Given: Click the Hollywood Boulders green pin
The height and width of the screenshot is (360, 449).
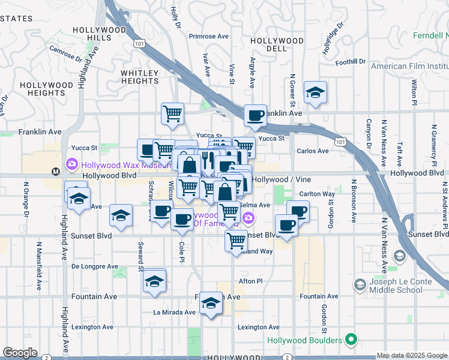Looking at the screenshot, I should point(352,340).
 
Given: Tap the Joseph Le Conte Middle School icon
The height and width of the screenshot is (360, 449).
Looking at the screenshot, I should point(360,284).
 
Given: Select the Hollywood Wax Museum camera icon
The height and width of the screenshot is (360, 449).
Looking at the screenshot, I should point(71,164).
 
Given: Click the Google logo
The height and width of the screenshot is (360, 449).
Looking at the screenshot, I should point(19,353).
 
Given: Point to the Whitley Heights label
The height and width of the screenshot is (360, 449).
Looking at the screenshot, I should point(140,77).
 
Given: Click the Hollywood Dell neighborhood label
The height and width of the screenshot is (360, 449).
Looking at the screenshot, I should point(277,45).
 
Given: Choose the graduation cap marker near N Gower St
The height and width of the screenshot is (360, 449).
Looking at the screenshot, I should point(315,92).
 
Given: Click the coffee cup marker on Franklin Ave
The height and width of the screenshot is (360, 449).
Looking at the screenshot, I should point(255,115).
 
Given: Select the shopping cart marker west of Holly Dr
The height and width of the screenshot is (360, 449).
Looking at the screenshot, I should point(172,112).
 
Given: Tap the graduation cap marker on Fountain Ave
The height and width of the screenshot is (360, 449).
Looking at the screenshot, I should point(210,303).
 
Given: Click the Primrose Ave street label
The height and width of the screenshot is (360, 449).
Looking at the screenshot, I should point(209,36).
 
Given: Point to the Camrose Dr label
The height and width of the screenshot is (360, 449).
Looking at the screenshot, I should point(65,55).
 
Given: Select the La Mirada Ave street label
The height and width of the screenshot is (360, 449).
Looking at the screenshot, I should point(174,312).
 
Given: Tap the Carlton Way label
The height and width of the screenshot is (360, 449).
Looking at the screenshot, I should point(317,194).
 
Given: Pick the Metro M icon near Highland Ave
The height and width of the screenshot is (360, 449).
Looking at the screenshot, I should point(56,171).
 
